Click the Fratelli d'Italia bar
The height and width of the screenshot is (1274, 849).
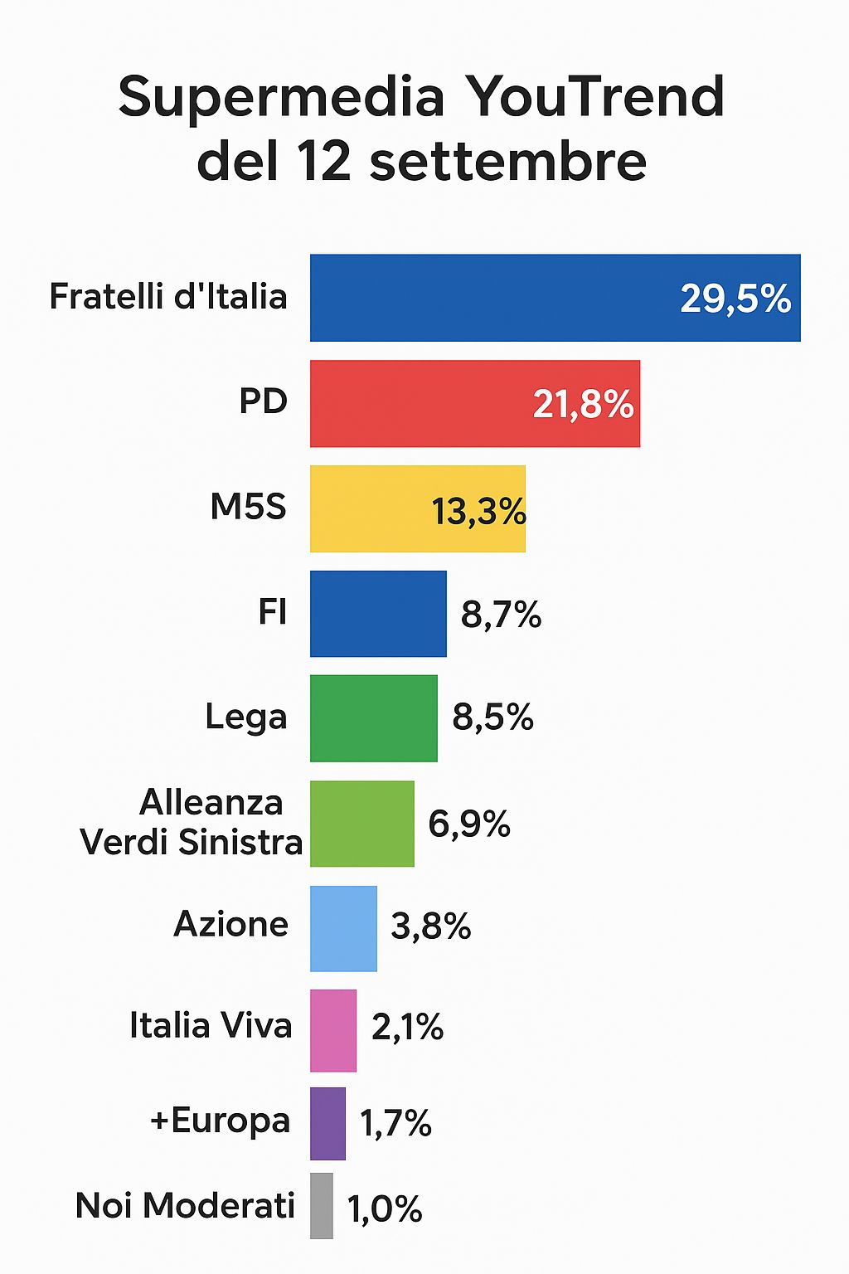[497, 298]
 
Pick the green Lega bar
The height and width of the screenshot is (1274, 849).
[374, 718]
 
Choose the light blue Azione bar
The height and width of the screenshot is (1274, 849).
[343, 928]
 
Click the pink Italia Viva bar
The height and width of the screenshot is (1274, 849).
[333, 1030]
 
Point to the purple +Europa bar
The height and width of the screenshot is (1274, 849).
[327, 1124]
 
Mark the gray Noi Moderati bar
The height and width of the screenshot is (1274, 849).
[322, 1206]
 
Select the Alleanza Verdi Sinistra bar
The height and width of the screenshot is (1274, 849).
[362, 824]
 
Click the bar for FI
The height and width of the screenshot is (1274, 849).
[378, 614]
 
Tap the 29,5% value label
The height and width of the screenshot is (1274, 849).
[735, 299]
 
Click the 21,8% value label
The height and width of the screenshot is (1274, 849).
[583, 405]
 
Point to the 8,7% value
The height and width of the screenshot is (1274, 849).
[501, 615]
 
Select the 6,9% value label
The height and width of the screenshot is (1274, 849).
[468, 824]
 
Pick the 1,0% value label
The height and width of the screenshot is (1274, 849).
[385, 1209]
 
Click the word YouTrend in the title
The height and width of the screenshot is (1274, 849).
[594, 97]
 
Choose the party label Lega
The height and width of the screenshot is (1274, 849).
[246, 717]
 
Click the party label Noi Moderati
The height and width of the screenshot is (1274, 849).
[185, 1206]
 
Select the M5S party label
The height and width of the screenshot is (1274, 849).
[248, 507]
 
